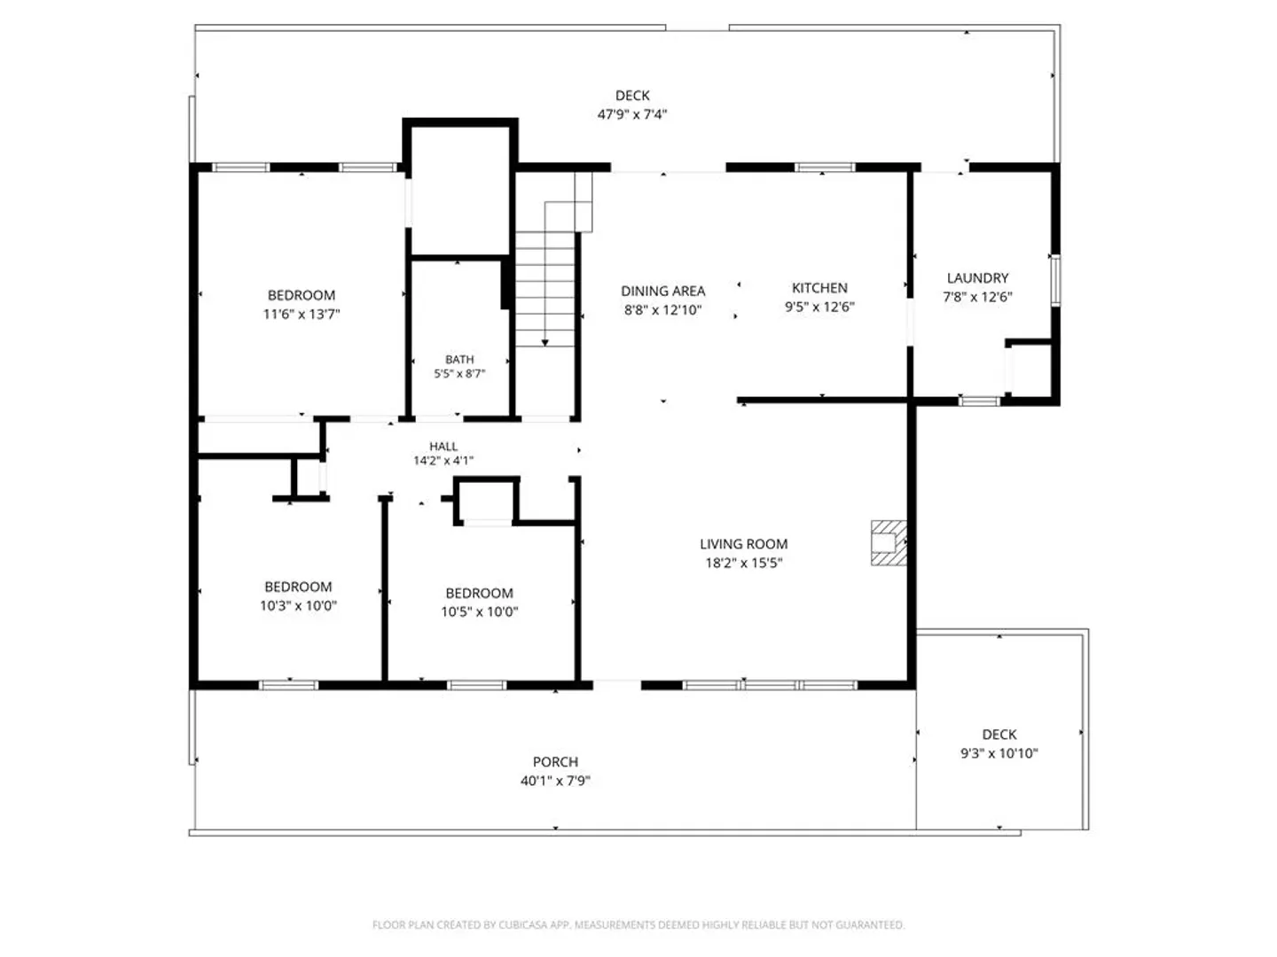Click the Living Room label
pyautogui.click(x=743, y=544)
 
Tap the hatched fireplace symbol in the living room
pyautogui.click(x=889, y=542)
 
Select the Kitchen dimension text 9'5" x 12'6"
pyautogui.click(x=819, y=307)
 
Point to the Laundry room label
pyautogui.click(x=977, y=277)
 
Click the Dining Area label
pyautogui.click(x=662, y=291)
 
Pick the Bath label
pyautogui.click(x=459, y=359)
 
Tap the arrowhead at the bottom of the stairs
pyautogui.click(x=544, y=343)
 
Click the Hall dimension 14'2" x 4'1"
pyautogui.click(x=443, y=461)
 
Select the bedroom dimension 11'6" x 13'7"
pyautogui.click(x=302, y=315)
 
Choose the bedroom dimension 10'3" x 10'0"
pyautogui.click(x=298, y=605)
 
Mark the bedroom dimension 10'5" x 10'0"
pyautogui.click(x=480, y=611)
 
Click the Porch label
pyautogui.click(x=556, y=761)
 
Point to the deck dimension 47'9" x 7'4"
pyautogui.click(x=631, y=114)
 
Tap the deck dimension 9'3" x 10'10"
pyautogui.click(x=999, y=753)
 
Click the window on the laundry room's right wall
pyautogui.click(x=1055, y=280)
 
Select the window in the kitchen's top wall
pyautogui.click(x=825, y=167)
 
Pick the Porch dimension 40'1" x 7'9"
pyautogui.click(x=555, y=781)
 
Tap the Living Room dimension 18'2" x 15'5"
pyautogui.click(x=743, y=563)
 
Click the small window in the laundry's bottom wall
pyautogui.click(x=979, y=401)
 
